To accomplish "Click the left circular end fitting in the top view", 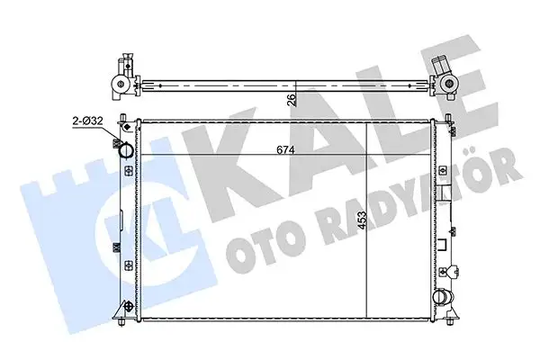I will [x=117, y=85].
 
